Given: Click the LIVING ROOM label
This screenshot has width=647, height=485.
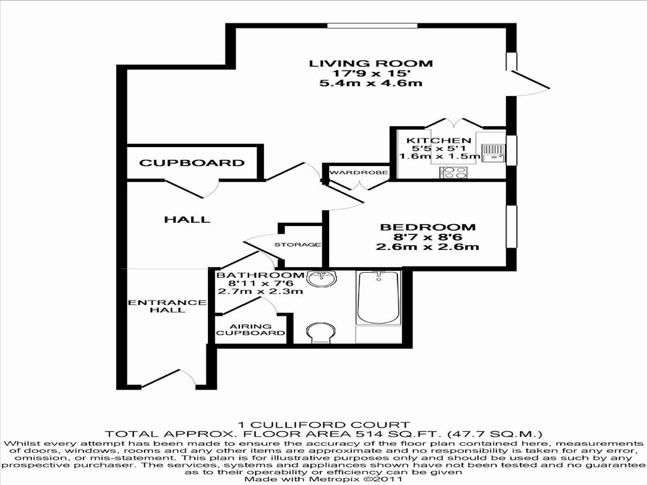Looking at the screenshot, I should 371,63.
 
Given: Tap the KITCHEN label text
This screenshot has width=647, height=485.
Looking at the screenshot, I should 438,141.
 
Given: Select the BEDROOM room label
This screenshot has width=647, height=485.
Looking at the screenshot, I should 427,227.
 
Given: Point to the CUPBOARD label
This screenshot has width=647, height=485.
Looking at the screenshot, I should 191,163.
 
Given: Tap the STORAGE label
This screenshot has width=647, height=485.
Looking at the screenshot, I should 298,244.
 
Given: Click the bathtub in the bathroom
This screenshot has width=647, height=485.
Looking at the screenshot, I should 378,297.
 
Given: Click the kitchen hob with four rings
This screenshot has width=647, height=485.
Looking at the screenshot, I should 454,172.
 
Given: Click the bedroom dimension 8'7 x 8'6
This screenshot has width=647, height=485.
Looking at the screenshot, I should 427,237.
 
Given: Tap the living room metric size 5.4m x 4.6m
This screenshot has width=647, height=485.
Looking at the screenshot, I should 371,83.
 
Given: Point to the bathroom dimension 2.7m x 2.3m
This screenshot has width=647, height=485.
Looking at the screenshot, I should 260,291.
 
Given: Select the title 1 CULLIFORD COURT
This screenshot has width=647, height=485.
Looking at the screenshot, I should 323,425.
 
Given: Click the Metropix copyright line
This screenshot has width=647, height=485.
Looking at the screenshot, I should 323,479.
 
